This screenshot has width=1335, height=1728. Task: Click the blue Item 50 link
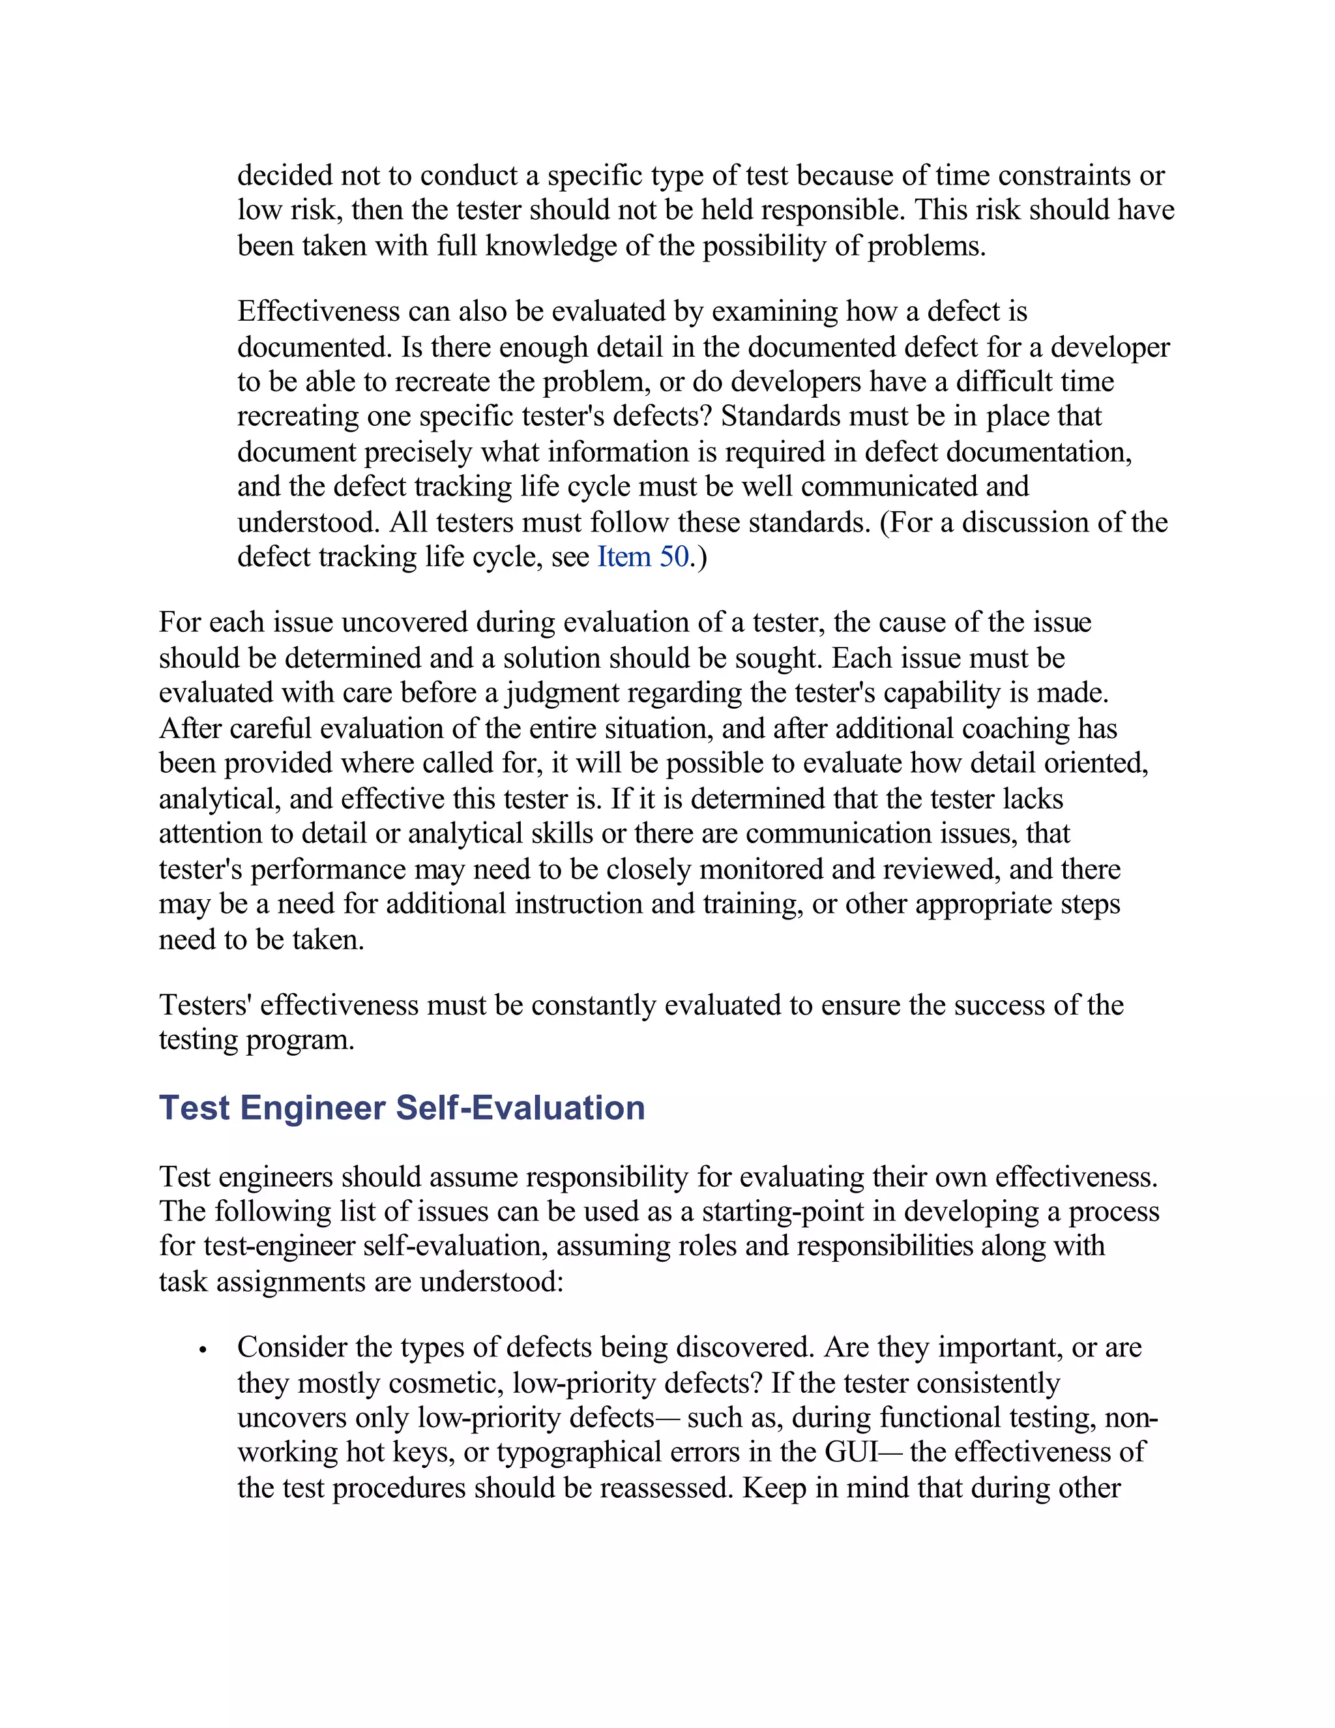pos(642,557)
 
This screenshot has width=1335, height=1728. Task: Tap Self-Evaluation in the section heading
pos(520,1108)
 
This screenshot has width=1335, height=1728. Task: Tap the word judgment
pos(563,693)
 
